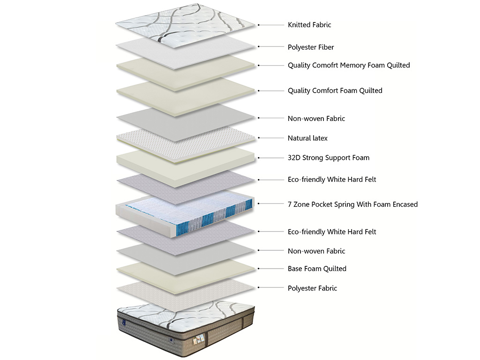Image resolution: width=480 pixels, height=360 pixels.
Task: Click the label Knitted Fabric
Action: pos(309,25)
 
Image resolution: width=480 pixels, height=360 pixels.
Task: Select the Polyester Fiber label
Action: pos(311,47)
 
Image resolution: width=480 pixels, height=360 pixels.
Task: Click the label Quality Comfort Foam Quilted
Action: pos(335,90)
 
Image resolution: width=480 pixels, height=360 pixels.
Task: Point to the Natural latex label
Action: pos(307,138)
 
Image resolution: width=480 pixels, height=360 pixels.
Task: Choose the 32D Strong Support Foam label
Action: pos(328,157)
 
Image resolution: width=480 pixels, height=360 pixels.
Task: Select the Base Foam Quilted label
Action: pos(317,269)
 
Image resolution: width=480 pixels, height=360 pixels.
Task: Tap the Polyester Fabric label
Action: pos(312,288)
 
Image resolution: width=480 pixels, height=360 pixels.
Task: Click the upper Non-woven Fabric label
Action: pos(316,119)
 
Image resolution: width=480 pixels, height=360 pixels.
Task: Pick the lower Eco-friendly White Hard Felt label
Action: pos(332,232)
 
